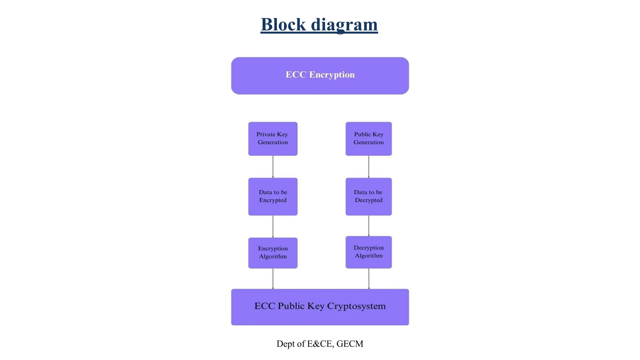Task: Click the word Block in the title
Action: [x=283, y=24]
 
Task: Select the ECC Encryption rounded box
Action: [x=320, y=75]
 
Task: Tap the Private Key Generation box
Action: [x=272, y=138]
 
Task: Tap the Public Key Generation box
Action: [x=368, y=138]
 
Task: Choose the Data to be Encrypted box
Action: [x=272, y=196]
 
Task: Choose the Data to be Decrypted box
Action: [x=368, y=196]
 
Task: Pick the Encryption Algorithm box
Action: [x=272, y=252]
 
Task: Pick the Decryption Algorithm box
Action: [x=368, y=252]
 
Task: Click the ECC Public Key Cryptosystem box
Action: [x=320, y=307]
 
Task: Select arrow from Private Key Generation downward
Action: [x=273, y=167]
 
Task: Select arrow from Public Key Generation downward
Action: [x=369, y=167]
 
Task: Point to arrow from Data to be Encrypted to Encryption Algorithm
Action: [x=273, y=226]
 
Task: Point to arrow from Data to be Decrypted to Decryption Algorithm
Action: [x=369, y=226]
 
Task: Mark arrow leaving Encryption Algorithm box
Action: [x=273, y=278]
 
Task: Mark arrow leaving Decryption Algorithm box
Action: [x=369, y=278]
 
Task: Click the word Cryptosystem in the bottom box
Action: [x=356, y=306]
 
